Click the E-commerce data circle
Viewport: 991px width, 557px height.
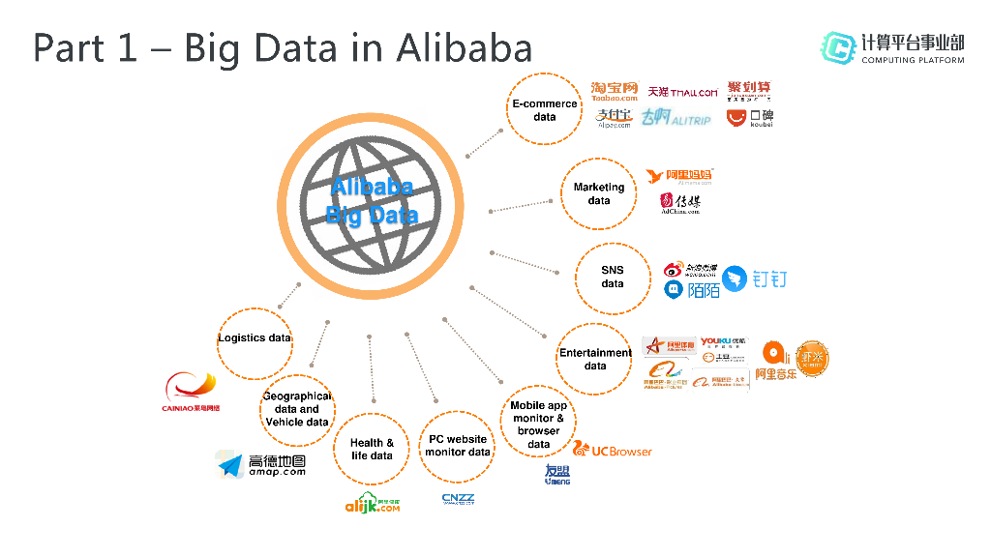click(x=545, y=109)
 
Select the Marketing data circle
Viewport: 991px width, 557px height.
click(x=599, y=193)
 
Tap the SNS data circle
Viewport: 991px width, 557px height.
click(x=613, y=278)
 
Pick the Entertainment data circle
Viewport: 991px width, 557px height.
click(x=595, y=359)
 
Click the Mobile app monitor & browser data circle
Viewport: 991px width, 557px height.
click(x=539, y=425)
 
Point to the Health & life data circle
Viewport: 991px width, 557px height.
click(x=372, y=449)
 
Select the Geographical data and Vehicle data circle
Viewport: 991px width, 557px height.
click(x=297, y=409)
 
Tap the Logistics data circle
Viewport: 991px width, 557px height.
click(x=255, y=339)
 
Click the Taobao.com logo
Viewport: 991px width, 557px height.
click(x=615, y=92)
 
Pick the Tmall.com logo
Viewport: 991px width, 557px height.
click(x=683, y=92)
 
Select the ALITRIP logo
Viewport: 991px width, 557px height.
click(x=676, y=118)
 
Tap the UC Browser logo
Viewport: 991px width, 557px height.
click(x=613, y=450)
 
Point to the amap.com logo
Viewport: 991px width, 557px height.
click(x=261, y=465)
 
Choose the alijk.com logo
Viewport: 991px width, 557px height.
click(x=373, y=503)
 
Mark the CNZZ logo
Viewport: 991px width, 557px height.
click(x=458, y=499)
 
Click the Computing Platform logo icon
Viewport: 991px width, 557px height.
click(x=838, y=47)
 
